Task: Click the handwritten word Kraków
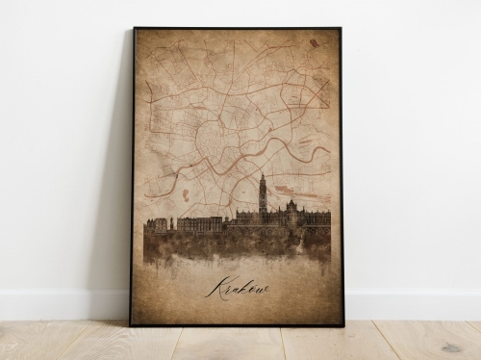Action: pos(236,287)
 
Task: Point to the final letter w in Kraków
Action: pos(263,288)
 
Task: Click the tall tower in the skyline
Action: pos(262,197)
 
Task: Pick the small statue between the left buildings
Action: pos(171,222)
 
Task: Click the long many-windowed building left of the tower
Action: pos(199,223)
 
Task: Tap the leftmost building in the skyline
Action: pos(155,225)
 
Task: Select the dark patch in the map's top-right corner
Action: pos(315,43)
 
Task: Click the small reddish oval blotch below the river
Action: pos(186,195)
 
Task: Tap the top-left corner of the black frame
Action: pos(135,28)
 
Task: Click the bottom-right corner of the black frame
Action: pos(343,325)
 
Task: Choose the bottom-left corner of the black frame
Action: pos(132,324)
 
